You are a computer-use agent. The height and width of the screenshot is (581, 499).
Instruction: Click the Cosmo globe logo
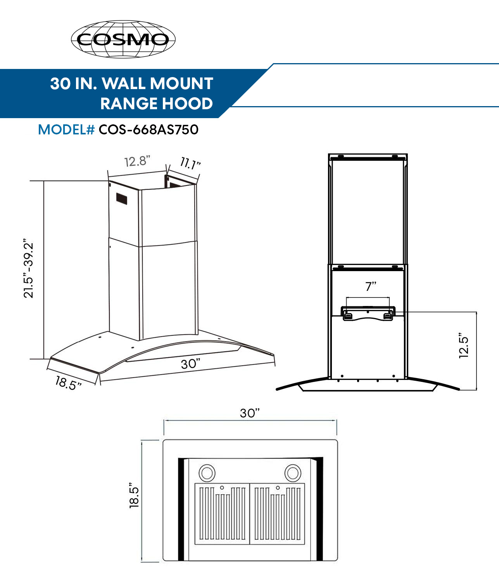coord(123,39)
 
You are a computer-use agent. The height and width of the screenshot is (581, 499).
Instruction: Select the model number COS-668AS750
coord(148,129)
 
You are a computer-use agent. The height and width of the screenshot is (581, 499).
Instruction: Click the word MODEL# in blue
coord(66,129)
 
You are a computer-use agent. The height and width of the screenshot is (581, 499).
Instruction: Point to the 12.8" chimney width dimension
coord(137,161)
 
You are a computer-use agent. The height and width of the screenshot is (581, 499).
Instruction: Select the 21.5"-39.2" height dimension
coord(29,270)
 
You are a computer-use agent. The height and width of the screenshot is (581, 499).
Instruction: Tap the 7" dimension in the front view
coord(370,286)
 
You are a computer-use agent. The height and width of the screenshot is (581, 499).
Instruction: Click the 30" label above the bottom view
coord(249,413)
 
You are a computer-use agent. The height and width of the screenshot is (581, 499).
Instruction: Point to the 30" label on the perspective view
coord(190,364)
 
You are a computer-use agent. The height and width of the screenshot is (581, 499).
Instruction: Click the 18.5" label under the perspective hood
coord(68,383)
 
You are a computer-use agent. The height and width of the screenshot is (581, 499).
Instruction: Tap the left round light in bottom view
coord(207,473)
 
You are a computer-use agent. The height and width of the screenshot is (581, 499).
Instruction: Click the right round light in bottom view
coord(293,473)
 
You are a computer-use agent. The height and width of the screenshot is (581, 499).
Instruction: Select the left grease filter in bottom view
coord(222,514)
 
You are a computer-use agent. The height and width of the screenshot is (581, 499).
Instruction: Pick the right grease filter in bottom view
coord(277,514)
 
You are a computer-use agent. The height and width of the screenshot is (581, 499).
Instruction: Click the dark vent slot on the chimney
coord(122,198)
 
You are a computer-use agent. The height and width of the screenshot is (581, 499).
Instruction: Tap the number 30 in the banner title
coord(60,83)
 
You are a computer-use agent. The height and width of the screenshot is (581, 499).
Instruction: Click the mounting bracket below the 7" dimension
coord(368,313)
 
